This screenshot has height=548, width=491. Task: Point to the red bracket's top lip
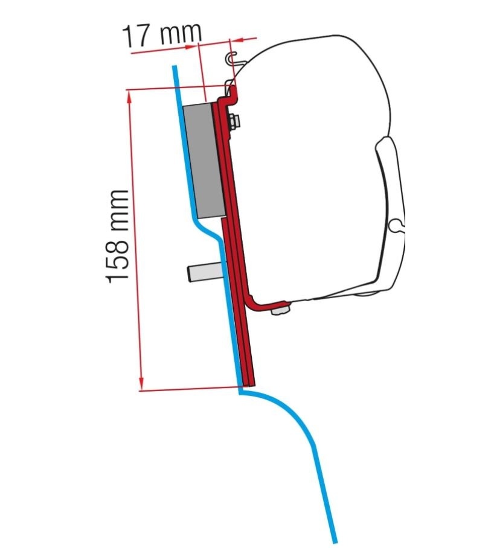tap(231, 92)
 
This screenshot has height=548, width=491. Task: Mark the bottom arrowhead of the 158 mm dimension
tap(141, 385)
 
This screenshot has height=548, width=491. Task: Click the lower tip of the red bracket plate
tap(251, 383)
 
